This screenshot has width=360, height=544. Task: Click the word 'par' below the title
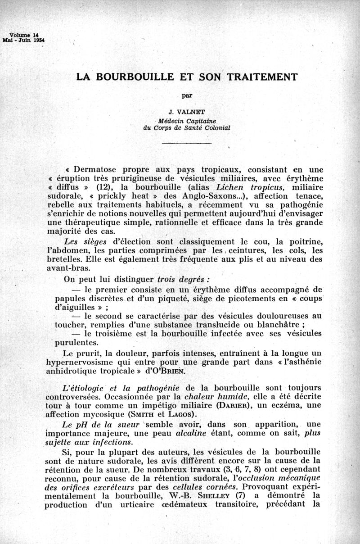pyautogui.click(x=186, y=95)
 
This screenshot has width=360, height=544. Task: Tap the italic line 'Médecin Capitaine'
pyautogui.click(x=186, y=121)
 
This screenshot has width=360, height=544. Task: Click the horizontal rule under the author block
pyautogui.click(x=186, y=144)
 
